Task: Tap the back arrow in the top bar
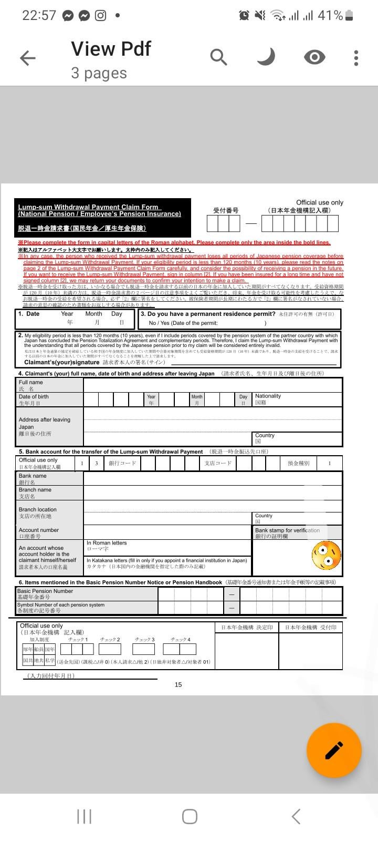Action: pos(28,58)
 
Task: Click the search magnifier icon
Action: pos(218,57)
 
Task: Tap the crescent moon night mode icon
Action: pos(267,57)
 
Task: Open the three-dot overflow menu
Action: pos(356,58)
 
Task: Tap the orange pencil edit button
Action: pos(334,750)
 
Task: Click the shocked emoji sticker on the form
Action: pos(326,555)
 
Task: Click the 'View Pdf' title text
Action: pos(111,49)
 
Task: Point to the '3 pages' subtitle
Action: pos(99,73)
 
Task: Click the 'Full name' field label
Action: pos(31,383)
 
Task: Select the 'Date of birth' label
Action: pos(34,397)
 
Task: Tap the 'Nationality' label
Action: pos(268,396)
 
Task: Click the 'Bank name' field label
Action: pos(33,476)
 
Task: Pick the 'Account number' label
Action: pos(39,530)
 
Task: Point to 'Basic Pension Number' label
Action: pos(45,591)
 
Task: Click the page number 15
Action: pos(178,684)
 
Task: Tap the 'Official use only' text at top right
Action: pos(319,202)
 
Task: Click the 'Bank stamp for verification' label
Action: pos(287,530)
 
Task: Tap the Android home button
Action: pos(190,816)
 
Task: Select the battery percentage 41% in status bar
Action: pos(330,15)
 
